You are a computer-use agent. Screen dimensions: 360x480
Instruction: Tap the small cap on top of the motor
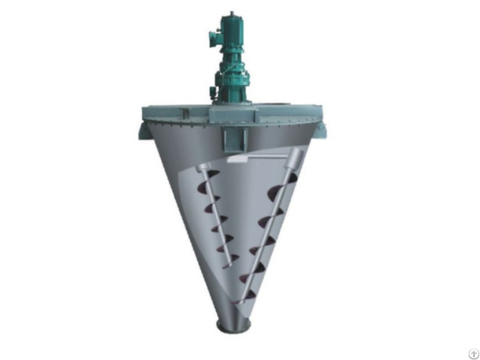pyautogui.click(x=232, y=14)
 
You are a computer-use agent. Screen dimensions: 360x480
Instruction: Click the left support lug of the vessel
pyautogui.click(x=144, y=130)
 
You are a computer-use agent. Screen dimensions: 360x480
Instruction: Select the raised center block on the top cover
pyautogui.click(x=232, y=114)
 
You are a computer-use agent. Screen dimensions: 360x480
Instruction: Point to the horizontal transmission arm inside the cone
pyautogui.click(x=255, y=159)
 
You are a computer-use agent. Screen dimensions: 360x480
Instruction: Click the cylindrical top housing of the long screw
pyautogui.click(x=293, y=159)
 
